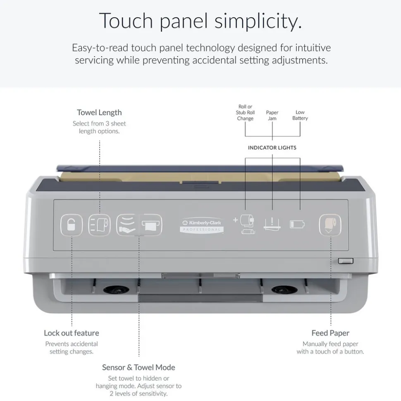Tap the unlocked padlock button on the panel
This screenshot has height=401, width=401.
(72, 225)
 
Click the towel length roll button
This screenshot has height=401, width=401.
(99, 225)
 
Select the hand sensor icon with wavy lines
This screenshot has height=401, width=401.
(127, 225)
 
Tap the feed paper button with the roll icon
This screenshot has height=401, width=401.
(330, 225)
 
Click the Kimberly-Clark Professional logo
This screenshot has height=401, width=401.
(202, 225)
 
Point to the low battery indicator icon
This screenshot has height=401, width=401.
(297, 224)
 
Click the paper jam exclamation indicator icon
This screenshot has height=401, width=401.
(272, 224)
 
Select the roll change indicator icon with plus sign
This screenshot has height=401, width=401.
(244, 224)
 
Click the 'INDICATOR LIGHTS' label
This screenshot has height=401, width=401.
(272, 147)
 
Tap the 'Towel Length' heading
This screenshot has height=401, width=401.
(99, 112)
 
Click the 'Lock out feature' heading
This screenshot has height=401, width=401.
(72, 333)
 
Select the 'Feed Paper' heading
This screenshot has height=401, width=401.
(330, 333)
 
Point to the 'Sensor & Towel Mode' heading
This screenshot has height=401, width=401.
(138, 367)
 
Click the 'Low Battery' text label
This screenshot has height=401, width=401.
(300, 115)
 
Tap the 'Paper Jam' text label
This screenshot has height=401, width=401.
(272, 115)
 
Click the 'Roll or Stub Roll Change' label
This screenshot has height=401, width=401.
(245, 112)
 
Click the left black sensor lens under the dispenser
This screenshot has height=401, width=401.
(116, 290)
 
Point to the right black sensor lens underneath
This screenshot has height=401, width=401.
(284, 290)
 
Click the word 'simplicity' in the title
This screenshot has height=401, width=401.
(258, 21)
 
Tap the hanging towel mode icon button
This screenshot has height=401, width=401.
(150, 225)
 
